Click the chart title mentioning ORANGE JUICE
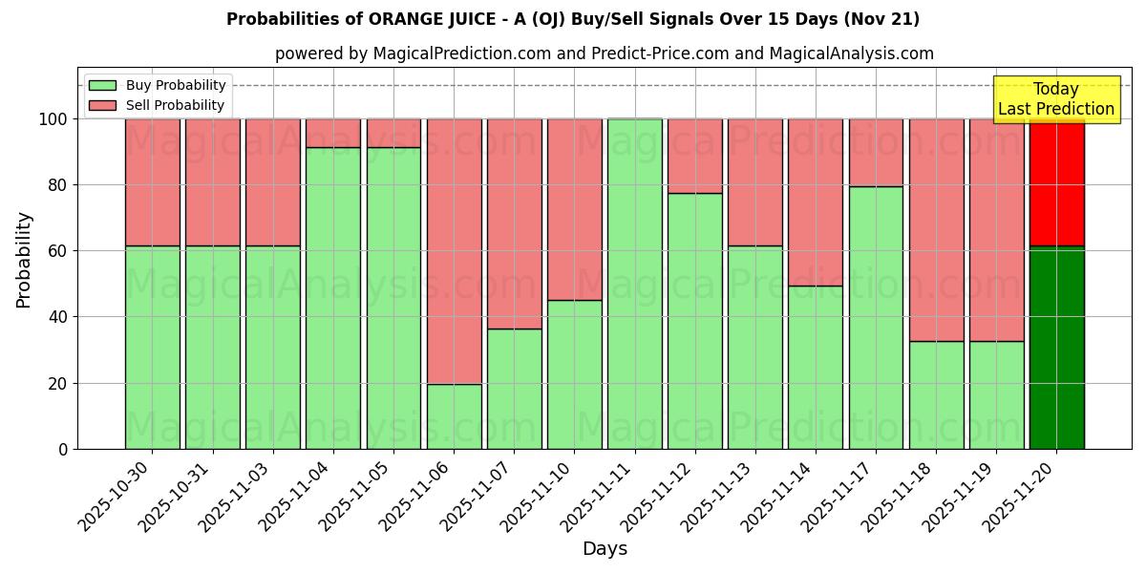click(573, 19)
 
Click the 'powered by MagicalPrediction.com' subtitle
click(604, 53)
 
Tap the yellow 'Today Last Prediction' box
click(1056, 99)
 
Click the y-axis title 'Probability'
click(24, 259)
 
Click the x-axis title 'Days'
click(605, 549)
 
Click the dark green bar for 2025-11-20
click(1056, 348)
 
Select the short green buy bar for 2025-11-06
click(454, 416)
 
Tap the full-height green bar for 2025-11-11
click(635, 284)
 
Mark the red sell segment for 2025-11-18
click(936, 230)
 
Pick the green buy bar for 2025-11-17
click(876, 317)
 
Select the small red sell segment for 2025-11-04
click(333, 133)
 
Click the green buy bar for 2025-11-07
click(515, 389)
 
